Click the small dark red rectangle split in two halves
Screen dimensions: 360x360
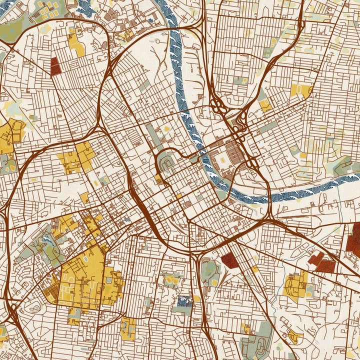click(x=54, y=65)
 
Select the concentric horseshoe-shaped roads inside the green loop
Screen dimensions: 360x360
click(x=165, y=163)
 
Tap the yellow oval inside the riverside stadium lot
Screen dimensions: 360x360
click(x=222, y=158)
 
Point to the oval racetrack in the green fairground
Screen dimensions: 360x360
click(x=260, y=345)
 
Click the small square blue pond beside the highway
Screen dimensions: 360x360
click(x=184, y=301)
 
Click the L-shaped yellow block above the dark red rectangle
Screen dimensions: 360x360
click(x=76, y=45)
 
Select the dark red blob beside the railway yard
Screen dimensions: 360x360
click(x=228, y=259)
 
